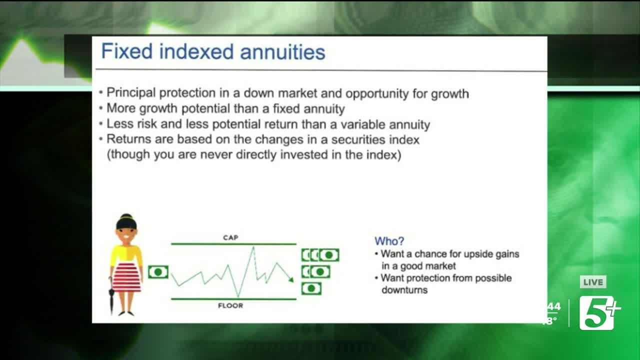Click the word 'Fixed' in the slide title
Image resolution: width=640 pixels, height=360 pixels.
pos(127,51)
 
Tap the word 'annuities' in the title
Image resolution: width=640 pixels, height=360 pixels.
pos(282,52)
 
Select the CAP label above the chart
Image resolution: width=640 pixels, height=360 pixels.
pos(230,237)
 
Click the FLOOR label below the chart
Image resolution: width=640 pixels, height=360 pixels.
pos(230,305)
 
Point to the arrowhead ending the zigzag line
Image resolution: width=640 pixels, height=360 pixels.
pos(291,279)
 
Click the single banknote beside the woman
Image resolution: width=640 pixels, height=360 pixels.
pos(158,272)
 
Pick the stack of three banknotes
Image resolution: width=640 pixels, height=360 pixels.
pos(320,255)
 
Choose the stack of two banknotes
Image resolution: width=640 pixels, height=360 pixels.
pos(315,271)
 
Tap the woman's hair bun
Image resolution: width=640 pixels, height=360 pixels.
pos(126,217)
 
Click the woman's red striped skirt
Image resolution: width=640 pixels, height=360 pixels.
pos(126,277)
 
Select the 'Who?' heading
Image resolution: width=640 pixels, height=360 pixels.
pos(389,241)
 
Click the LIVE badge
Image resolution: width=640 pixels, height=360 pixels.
pos(593,282)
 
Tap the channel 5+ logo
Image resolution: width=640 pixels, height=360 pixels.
pos(599,313)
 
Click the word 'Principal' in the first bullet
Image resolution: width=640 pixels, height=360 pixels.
pos(131,93)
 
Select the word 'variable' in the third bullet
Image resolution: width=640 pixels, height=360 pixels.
pos(362,124)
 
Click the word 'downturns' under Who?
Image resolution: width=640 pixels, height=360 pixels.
pos(404,290)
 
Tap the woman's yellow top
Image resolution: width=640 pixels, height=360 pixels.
pos(126,254)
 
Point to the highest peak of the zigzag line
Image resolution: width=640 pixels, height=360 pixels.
pos(253,247)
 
